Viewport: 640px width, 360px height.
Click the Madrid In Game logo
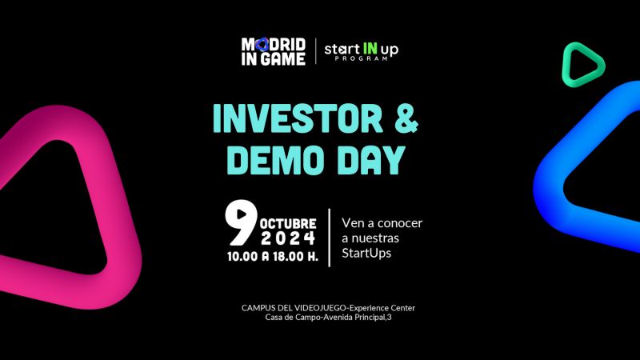(x=273, y=51)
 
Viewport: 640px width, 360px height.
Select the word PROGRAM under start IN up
(x=361, y=58)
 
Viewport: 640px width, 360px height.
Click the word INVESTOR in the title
(x=298, y=118)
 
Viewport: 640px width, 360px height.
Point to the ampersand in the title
(x=406, y=118)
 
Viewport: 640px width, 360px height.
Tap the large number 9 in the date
(x=241, y=222)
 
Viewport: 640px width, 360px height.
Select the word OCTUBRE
(x=288, y=224)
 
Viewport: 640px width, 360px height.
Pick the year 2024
(x=288, y=238)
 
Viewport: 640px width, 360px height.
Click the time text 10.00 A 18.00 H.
(x=273, y=256)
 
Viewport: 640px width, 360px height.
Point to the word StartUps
(x=366, y=254)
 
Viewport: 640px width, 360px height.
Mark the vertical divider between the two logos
(x=315, y=50)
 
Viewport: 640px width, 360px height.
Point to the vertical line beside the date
(x=330, y=238)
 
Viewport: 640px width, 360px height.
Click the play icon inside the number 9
(x=242, y=214)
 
